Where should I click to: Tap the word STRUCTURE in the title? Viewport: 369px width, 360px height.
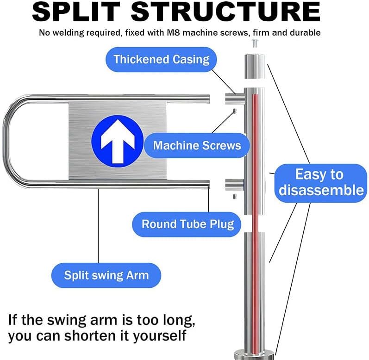[x=225, y=12]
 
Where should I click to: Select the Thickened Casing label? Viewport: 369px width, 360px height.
[x=161, y=59]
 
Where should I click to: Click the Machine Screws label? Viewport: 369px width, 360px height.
[x=197, y=145]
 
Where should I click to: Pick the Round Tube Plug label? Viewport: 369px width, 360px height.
[x=188, y=224]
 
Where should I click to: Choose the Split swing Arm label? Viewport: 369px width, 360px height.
[x=106, y=275]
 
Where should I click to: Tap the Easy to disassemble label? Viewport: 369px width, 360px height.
[x=321, y=183]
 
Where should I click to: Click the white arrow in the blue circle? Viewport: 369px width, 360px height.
[x=118, y=141]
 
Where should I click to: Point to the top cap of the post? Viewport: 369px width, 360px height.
[x=255, y=66]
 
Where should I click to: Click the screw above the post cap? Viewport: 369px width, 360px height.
[x=255, y=43]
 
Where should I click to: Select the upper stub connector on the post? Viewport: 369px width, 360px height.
[x=235, y=99]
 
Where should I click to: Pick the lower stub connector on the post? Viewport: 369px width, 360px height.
[x=234, y=185]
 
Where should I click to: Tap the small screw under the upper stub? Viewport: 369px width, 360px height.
[x=235, y=111]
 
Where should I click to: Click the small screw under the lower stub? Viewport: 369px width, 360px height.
[x=234, y=196]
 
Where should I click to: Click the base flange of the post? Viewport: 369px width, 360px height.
[x=255, y=355]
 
